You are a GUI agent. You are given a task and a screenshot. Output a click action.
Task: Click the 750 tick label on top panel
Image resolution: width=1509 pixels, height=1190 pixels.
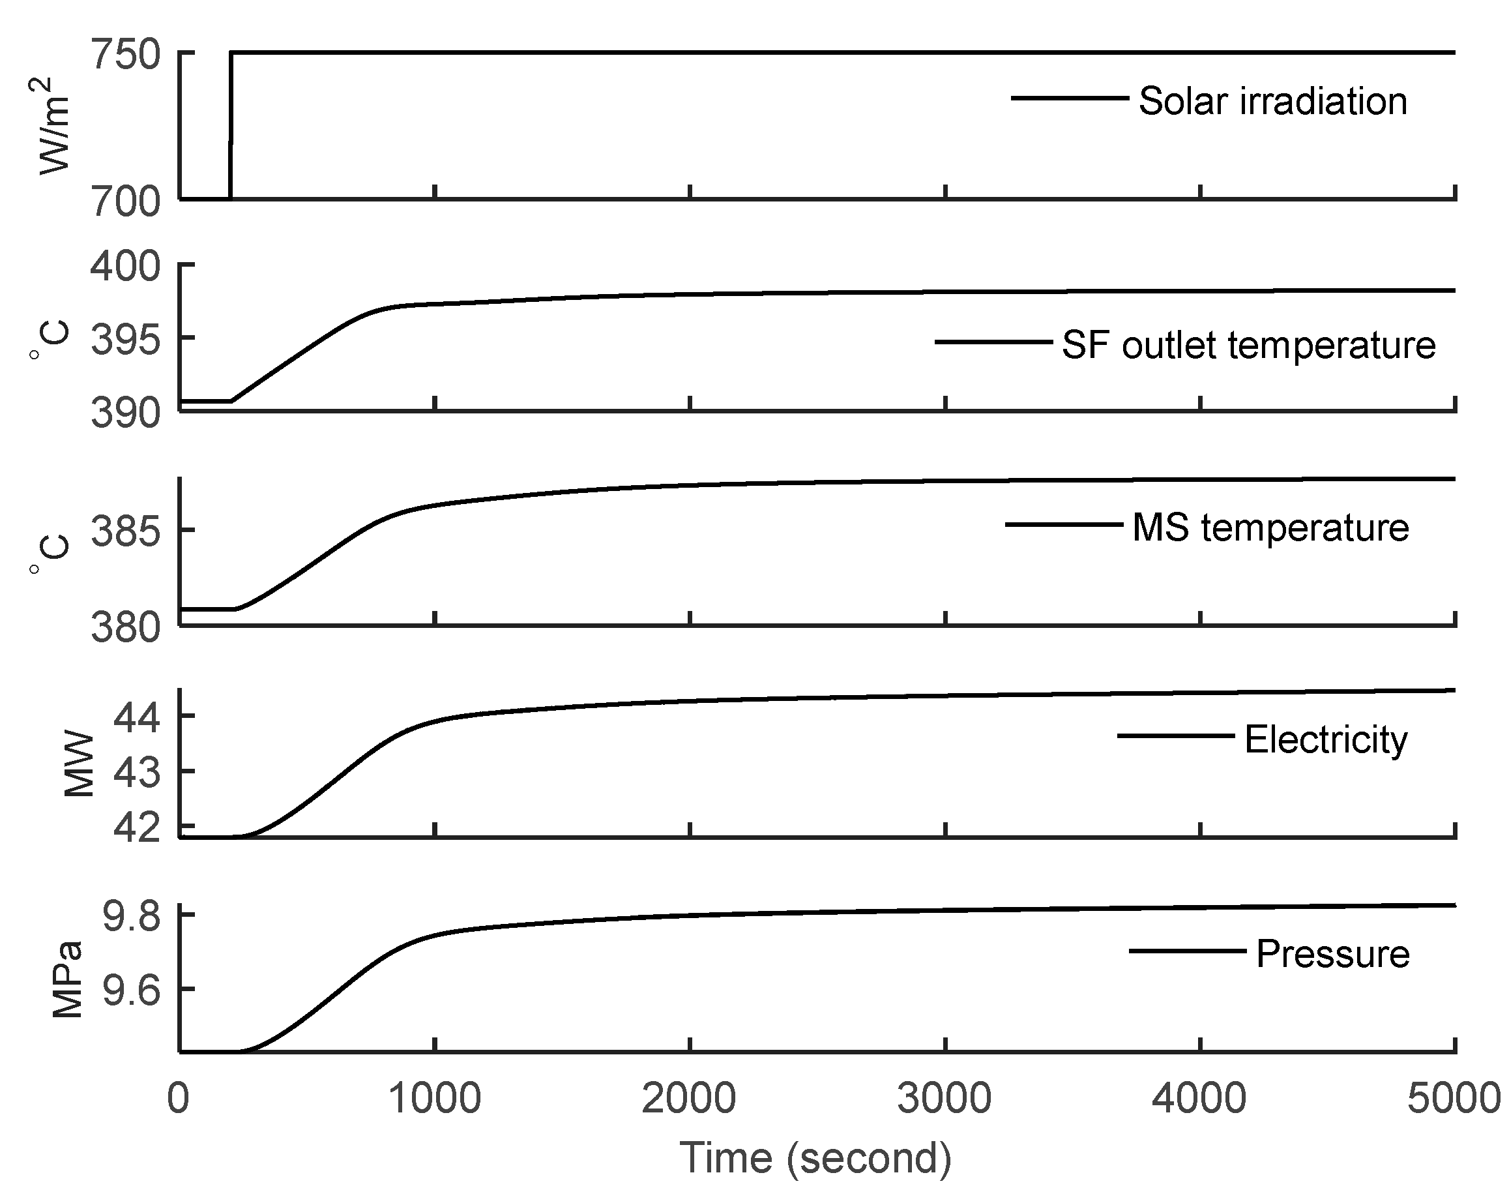126,55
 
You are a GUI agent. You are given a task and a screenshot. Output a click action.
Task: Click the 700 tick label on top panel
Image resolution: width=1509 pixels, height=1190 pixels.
126,203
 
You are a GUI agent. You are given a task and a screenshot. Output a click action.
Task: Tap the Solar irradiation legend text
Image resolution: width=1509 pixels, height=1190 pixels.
1272,101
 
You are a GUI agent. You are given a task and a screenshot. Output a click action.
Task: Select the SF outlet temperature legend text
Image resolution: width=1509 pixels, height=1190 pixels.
1248,345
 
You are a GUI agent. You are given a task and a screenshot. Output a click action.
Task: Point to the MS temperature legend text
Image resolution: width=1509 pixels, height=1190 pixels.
1270,528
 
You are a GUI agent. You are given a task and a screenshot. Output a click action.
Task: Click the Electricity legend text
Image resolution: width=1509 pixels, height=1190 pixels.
1325,739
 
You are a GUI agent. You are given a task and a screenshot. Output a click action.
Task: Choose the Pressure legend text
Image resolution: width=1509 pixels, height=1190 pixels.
1332,954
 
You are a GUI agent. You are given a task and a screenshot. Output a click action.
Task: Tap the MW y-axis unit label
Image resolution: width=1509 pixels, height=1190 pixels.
78,764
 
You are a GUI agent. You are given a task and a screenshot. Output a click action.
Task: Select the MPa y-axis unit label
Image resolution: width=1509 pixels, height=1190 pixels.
68,979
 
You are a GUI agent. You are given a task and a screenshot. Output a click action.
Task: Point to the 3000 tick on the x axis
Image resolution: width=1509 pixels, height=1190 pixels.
945,1099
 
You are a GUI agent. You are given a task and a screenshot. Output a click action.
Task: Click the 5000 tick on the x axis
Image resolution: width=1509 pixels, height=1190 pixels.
1454,1099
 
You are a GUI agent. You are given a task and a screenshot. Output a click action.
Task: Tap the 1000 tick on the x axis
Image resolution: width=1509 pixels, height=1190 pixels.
435,1099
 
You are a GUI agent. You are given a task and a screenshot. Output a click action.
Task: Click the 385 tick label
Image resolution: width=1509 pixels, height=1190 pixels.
126,531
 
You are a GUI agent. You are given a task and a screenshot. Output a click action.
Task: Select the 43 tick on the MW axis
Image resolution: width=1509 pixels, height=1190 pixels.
136,773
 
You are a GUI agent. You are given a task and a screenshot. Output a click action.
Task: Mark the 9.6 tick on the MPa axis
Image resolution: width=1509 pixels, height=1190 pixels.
131,990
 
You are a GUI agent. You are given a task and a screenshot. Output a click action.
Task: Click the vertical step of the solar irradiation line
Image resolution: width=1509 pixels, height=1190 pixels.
231,125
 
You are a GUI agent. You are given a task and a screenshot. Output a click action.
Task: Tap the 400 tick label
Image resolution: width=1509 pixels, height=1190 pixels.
126,267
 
